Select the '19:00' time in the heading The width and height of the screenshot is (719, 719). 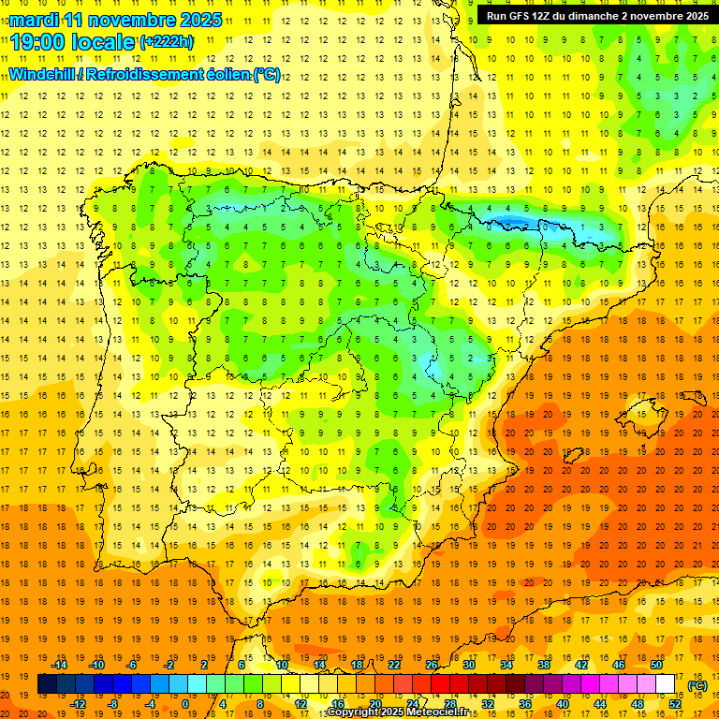click(39, 42)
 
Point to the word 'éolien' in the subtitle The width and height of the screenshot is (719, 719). click(226, 74)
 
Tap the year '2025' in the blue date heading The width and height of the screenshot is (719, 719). click(199, 20)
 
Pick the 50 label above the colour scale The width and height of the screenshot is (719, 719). click(656, 665)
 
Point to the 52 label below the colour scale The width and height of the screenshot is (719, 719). click(675, 704)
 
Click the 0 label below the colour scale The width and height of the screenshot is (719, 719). click(186, 704)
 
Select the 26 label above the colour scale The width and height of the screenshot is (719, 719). click(432, 665)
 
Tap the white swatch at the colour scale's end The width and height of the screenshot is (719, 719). click(666, 684)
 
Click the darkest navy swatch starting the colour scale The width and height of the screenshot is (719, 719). click(47, 684)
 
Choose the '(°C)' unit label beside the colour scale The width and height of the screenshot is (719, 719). click(697, 684)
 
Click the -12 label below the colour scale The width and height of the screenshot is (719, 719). click(78, 704)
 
